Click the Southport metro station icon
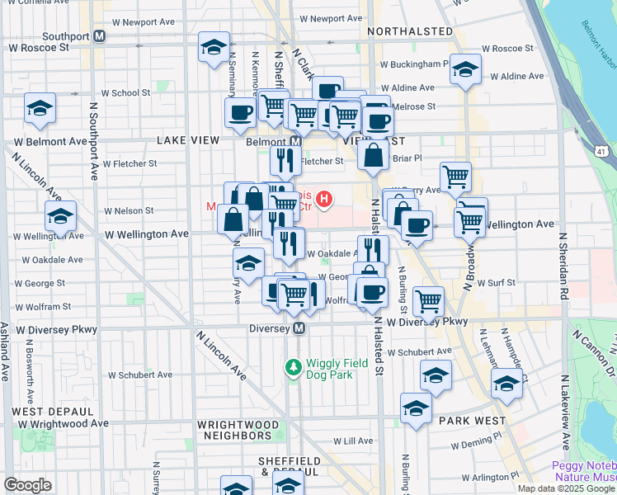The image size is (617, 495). click(x=99, y=36)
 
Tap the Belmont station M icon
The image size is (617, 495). click(x=295, y=141)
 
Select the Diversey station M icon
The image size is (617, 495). click(x=299, y=328)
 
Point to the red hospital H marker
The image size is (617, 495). click(x=325, y=199)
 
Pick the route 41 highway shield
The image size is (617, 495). click(x=602, y=151)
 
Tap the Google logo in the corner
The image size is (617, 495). click(x=26, y=485)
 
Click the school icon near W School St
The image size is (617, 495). click(x=39, y=109)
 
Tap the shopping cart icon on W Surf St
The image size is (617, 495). click(x=428, y=302)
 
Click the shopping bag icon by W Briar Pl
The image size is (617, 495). click(x=373, y=155)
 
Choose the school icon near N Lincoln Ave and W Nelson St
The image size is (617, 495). click(x=60, y=216)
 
